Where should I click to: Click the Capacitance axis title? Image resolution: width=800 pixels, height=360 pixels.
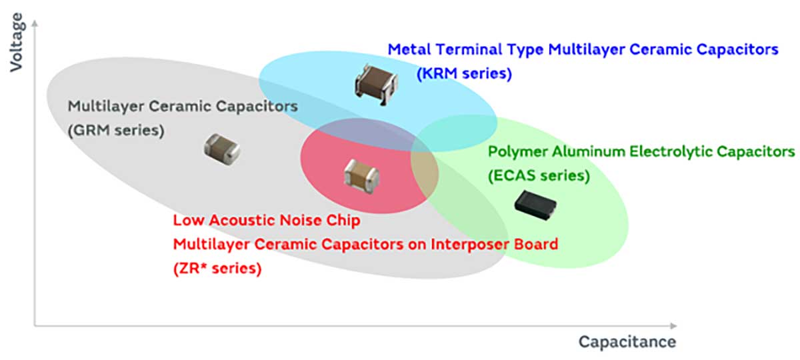[627, 342]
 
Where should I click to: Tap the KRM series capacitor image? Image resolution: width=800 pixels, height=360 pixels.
[375, 83]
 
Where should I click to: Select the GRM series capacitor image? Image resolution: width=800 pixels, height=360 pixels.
[221, 147]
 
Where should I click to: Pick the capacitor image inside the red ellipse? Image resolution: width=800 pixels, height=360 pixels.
[361, 175]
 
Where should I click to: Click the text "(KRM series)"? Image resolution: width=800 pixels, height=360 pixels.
[464, 73]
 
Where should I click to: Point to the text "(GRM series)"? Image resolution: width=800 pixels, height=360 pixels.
[115, 131]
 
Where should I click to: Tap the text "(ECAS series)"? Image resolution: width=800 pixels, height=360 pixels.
[539, 176]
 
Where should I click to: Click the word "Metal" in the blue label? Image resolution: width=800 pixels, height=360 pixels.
[408, 49]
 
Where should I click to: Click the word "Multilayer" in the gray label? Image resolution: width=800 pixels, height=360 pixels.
[101, 106]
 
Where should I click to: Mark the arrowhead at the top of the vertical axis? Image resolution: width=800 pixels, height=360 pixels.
[34, 24]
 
